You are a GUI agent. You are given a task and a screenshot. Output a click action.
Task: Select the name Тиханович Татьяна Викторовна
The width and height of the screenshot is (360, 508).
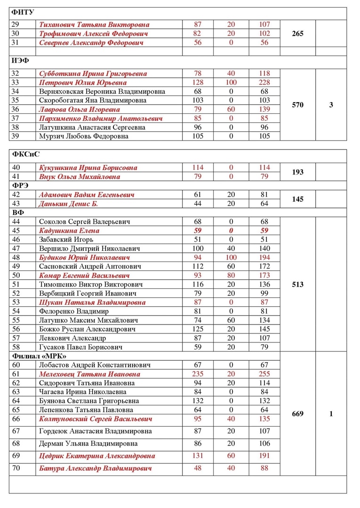coord(94,24)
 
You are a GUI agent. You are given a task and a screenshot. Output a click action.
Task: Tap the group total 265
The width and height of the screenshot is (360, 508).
coord(297,33)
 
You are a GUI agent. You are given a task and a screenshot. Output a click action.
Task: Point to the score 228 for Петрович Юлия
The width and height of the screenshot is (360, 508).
coord(264,82)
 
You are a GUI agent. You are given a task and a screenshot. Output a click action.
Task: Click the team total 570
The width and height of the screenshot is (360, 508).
coord(297,105)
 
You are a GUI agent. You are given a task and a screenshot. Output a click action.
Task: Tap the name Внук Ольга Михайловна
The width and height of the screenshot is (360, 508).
coord(80,176)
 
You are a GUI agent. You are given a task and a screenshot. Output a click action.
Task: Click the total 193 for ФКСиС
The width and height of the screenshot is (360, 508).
coord(297,172)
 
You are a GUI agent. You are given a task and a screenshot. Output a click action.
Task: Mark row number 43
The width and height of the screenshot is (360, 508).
coord(16,204)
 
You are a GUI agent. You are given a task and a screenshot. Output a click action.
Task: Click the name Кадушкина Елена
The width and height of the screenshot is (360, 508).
coord(70,231)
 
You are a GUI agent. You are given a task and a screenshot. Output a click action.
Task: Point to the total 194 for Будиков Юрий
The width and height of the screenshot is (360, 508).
coord(264,258)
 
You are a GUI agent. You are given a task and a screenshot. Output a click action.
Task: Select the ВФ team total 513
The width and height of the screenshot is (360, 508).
coord(297,285)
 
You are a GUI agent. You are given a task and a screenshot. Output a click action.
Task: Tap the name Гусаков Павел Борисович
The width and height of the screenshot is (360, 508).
coord(80,347)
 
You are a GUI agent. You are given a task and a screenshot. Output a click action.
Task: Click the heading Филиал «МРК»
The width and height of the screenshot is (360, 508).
coord(38,356)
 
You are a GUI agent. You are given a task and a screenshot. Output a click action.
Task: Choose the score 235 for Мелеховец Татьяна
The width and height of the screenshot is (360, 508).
coord(198,374)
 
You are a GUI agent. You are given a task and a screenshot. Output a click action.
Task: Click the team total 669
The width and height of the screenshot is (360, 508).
coord(297,414)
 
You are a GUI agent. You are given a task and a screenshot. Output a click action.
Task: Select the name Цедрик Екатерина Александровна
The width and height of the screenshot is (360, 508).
coord(97,456)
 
